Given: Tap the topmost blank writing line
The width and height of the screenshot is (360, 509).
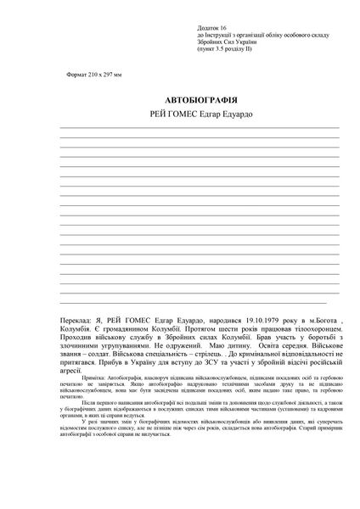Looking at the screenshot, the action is coord(199,128).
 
